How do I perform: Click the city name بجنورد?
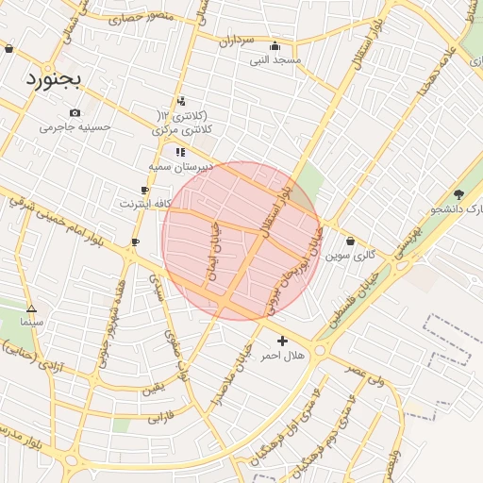click(x=55, y=77)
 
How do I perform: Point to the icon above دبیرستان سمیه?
click(x=179, y=152)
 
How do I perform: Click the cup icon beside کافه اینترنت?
click(x=144, y=191)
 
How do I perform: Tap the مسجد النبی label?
click(x=275, y=59)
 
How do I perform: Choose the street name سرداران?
click(x=237, y=42)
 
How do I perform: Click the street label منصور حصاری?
click(x=142, y=17)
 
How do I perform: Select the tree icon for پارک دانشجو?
click(x=458, y=194)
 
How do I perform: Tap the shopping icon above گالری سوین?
click(x=351, y=241)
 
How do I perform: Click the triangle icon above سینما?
click(x=32, y=308)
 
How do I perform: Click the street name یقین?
click(x=154, y=388)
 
